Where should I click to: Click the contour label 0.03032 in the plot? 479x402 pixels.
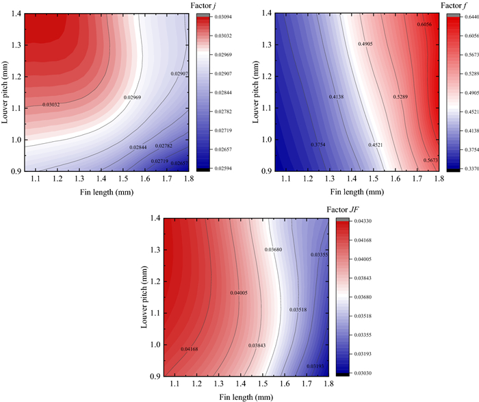click(x=51, y=105)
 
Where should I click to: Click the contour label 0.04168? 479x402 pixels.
click(x=190, y=349)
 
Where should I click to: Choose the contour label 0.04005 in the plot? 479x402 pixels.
click(x=239, y=293)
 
